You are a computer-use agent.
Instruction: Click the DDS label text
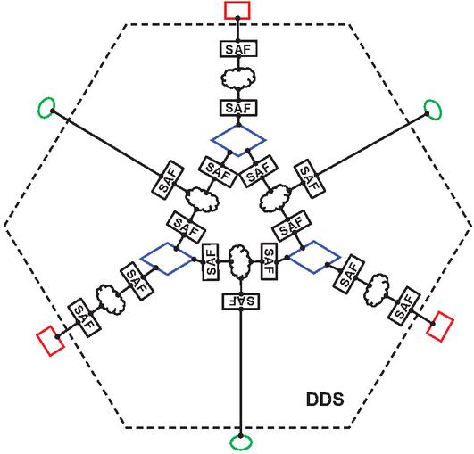(x=325, y=399)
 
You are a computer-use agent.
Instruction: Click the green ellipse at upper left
(x=40, y=108)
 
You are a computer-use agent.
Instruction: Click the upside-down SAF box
(x=241, y=301)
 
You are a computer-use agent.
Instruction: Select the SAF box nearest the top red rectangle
(x=238, y=49)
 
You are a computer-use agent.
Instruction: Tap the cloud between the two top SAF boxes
(x=238, y=78)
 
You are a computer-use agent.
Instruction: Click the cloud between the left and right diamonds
(x=240, y=261)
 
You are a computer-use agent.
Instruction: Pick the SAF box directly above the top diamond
(x=238, y=108)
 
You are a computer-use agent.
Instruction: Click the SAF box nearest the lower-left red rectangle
(x=83, y=317)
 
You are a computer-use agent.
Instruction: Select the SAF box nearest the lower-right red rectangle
(x=405, y=305)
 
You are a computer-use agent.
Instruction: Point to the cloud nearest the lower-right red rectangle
(x=377, y=289)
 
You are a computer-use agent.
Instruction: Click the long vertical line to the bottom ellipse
(x=241, y=373)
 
